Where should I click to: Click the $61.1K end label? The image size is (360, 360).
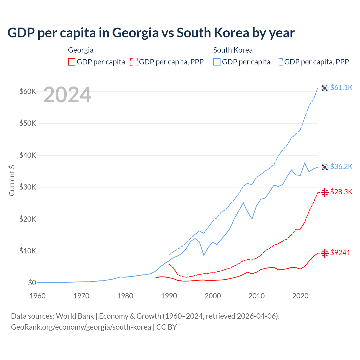(341, 87)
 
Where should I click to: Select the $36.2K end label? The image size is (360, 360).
(341, 166)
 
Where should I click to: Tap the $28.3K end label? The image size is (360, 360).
(341, 192)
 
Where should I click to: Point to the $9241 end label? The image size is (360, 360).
(340, 253)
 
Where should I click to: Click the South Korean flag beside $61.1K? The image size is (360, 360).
(325, 88)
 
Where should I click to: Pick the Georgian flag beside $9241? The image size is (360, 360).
(325, 253)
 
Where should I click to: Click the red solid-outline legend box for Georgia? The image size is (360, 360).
(72, 62)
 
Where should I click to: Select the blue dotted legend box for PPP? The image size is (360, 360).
(279, 62)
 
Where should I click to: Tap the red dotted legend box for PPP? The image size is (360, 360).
(134, 62)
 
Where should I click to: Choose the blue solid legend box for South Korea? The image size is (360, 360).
(217, 62)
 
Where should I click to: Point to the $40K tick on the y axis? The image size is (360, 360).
(28, 155)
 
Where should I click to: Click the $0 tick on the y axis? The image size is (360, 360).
(32, 283)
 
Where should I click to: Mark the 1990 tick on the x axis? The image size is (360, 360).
(169, 296)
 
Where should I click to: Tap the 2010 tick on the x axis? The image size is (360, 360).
(256, 296)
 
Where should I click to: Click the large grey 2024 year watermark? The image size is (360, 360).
(67, 95)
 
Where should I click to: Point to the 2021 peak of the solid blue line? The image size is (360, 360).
(305, 163)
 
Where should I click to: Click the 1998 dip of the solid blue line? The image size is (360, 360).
(204, 255)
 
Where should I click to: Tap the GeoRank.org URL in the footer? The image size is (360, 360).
(81, 327)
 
